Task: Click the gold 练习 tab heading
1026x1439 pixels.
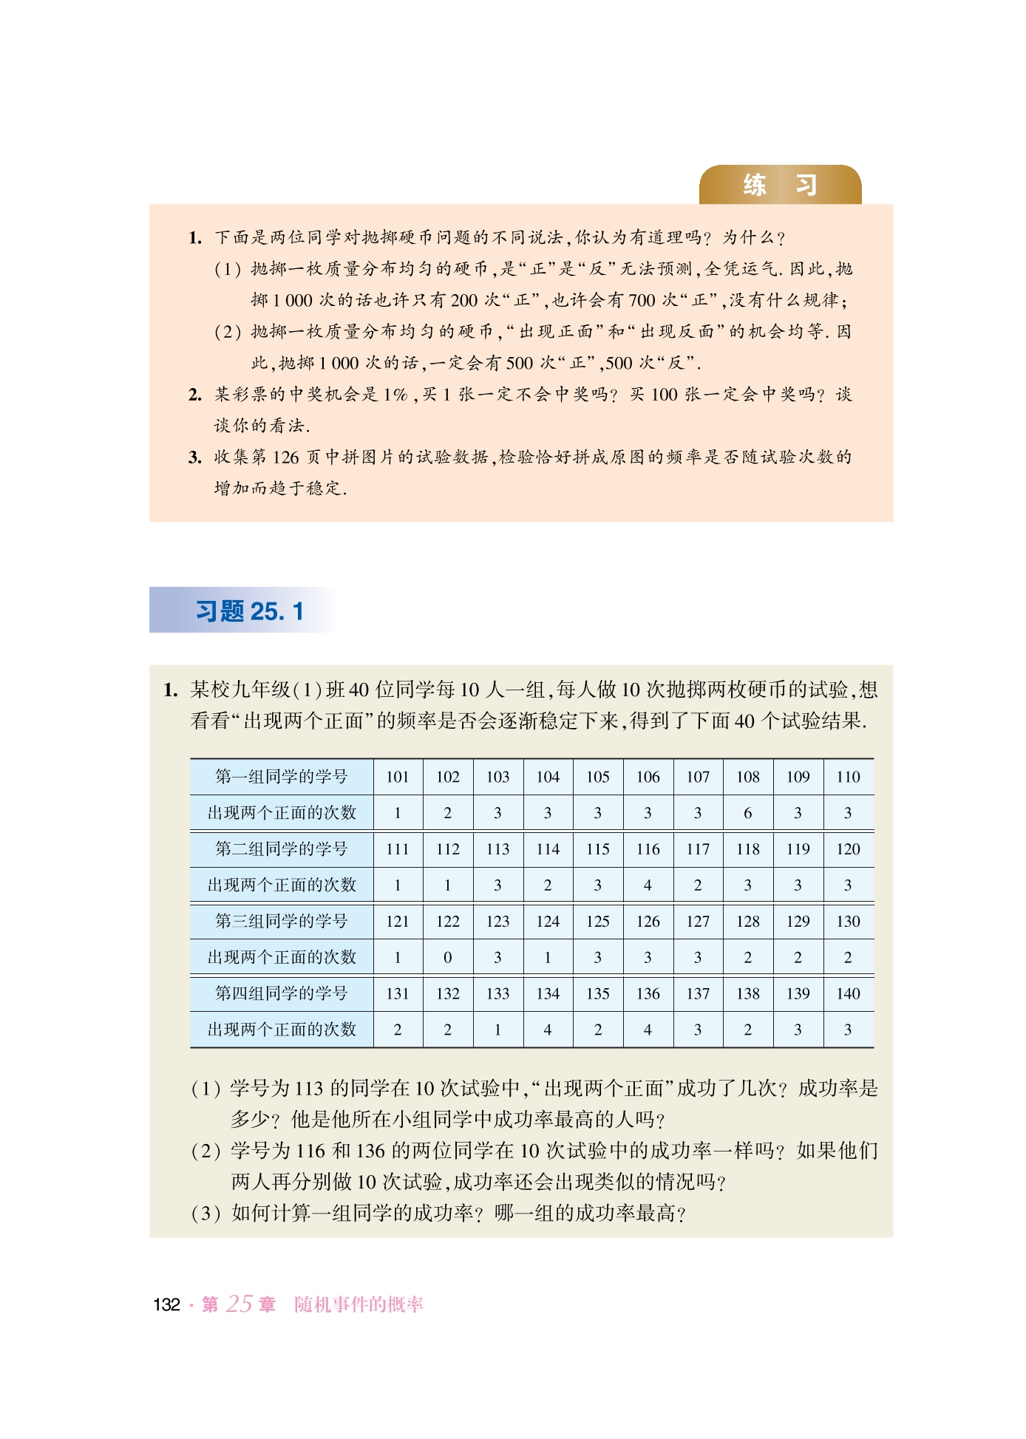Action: pos(780,185)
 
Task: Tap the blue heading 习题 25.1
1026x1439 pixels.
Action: pos(249,611)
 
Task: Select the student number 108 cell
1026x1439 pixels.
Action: pos(748,777)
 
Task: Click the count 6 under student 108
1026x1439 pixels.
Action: pos(748,813)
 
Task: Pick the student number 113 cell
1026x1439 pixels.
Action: pos(497,849)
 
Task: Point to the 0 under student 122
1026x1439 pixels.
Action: pos(447,958)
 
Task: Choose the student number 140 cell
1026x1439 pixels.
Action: pos(848,994)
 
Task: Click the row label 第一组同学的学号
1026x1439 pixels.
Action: pos(281,777)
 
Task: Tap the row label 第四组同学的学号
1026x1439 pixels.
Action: pos(281,993)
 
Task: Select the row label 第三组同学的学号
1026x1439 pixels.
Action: pos(281,922)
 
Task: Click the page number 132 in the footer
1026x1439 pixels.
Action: pos(166,1305)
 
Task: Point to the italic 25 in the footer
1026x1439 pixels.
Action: pos(239,1304)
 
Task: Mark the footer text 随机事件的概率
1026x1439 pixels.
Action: pos(359,1305)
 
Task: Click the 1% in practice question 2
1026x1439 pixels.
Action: pos(395,395)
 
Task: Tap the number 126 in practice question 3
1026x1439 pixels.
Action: pos(285,457)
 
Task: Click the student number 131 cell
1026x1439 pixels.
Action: pos(398,994)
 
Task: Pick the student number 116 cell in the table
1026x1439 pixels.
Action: pos(648,849)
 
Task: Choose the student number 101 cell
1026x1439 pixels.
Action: pos(398,777)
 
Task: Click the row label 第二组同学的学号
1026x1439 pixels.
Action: pos(281,849)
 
